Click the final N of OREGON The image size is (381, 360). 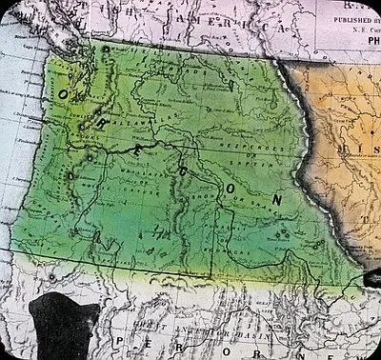pyautogui.click(x=277, y=200)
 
